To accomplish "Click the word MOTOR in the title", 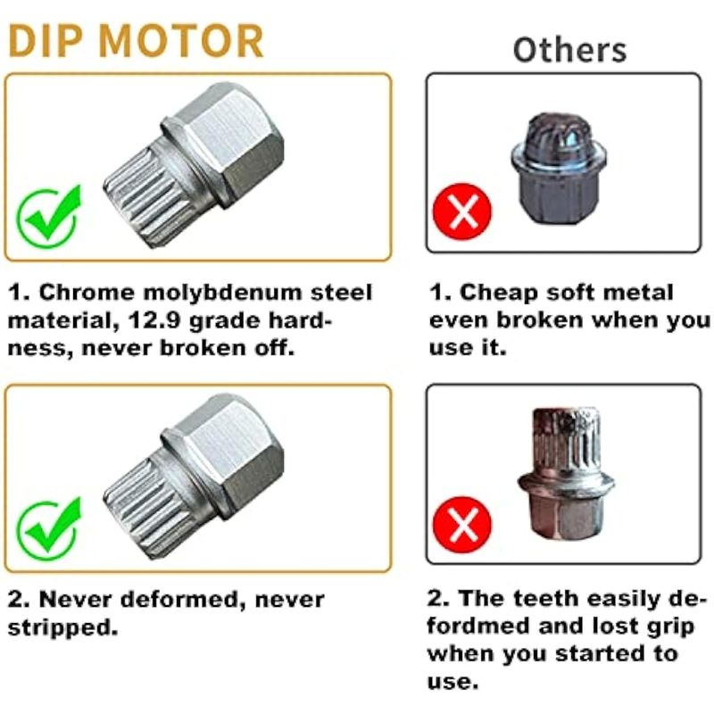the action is click(180, 41).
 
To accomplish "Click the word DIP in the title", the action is click(46, 41).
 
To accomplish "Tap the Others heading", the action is click(569, 50).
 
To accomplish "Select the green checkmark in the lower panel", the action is click(49, 529).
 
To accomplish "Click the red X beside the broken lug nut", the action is click(462, 212).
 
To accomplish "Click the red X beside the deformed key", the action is click(462, 525).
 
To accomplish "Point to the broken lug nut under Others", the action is click(559, 170).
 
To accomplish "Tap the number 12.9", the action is click(154, 320).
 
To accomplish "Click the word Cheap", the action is click(499, 293).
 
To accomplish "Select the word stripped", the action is click(62, 628).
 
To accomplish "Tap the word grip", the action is click(672, 627).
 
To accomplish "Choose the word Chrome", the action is click(87, 293).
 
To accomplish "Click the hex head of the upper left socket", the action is click(233, 142).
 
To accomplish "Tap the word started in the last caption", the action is click(601, 654).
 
